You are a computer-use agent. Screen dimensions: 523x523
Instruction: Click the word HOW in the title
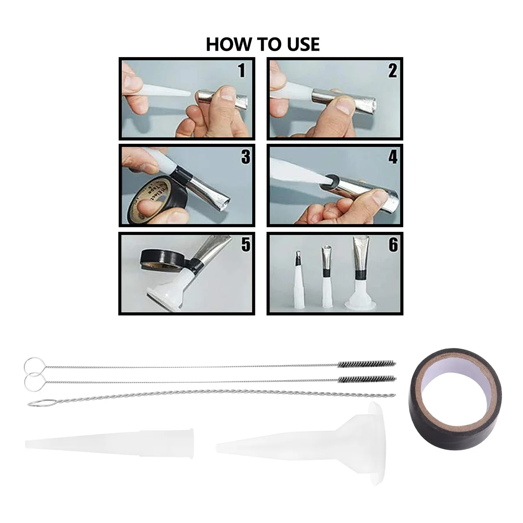click(225, 44)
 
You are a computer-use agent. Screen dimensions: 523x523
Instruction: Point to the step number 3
click(245, 157)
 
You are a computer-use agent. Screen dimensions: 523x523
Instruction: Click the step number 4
click(393, 157)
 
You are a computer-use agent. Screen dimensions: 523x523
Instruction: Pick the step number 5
click(245, 245)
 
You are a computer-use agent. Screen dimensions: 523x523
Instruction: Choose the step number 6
click(393, 245)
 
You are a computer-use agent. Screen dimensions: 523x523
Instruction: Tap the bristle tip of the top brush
click(367, 363)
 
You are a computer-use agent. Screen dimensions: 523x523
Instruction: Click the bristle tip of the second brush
click(367, 379)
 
